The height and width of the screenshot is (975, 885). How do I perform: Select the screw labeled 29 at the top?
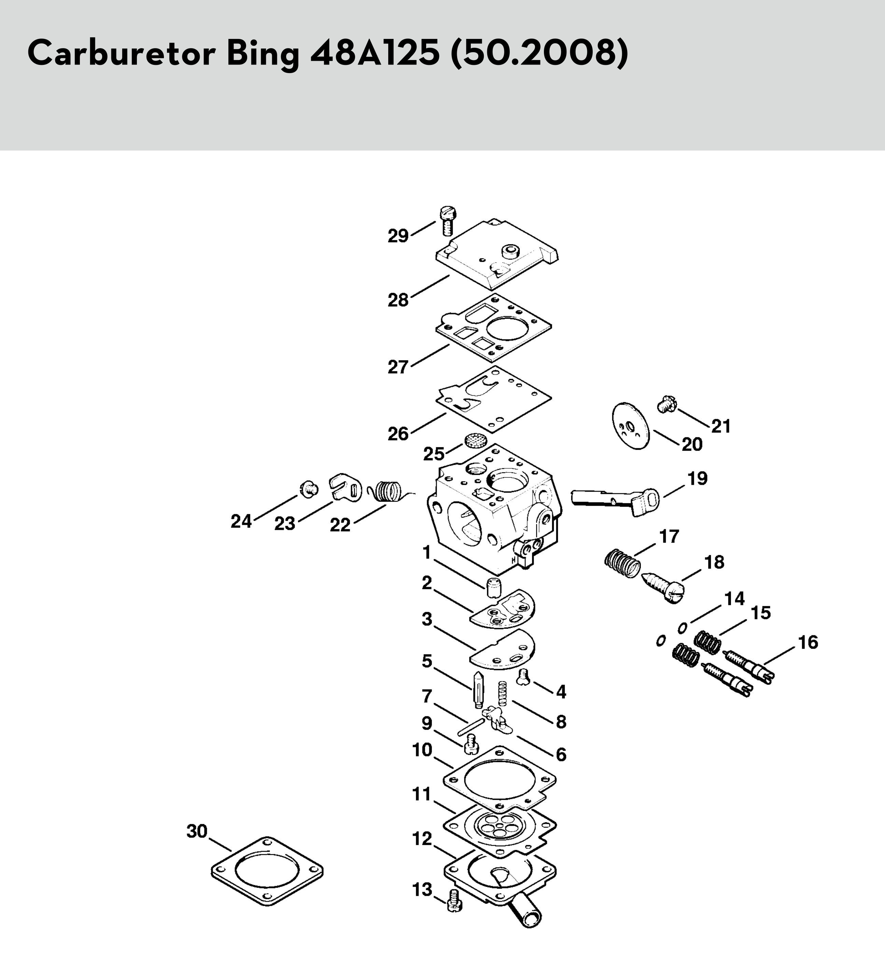tap(448, 220)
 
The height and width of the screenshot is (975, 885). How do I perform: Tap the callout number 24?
tap(241, 521)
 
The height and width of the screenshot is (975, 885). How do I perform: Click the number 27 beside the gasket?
tap(398, 367)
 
